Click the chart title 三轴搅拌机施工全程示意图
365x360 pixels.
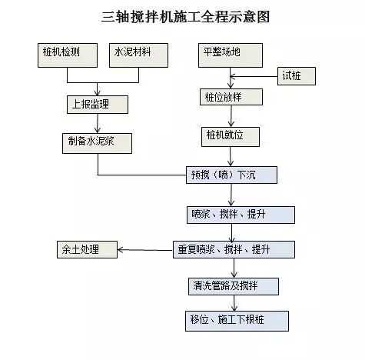pos(182,15)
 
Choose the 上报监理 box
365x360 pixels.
pos(95,104)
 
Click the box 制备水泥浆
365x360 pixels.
pos(97,142)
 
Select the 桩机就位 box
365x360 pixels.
pos(232,136)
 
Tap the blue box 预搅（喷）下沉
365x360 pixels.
pos(231,175)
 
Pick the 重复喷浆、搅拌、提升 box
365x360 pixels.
pos(233,249)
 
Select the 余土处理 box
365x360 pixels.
pos(86,249)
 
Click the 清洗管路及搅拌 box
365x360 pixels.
pos(232,285)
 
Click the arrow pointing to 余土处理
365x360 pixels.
pos(146,249)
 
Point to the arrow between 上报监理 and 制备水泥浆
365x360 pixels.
pos(95,123)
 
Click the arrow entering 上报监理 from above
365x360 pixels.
pos(95,89)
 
